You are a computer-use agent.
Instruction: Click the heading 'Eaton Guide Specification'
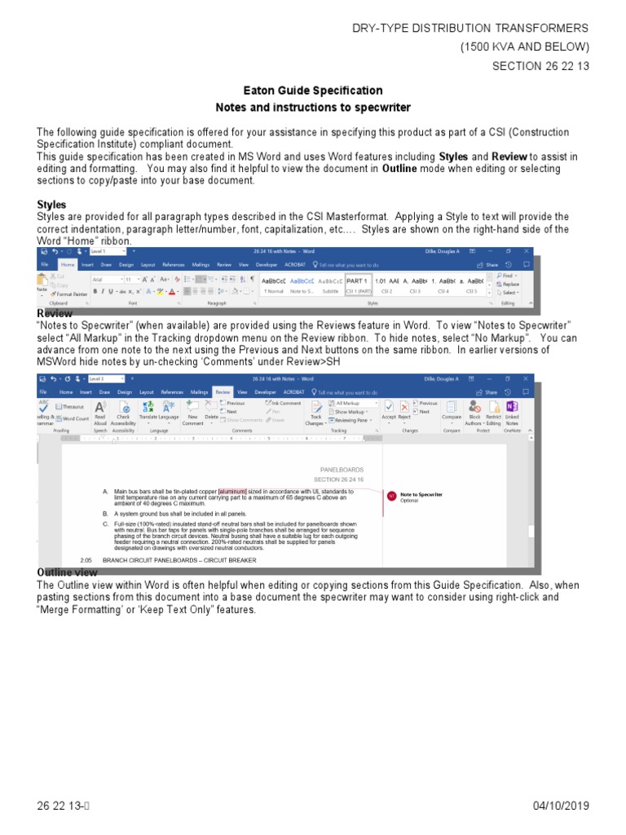[x=313, y=91]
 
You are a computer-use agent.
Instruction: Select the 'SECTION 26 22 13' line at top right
[x=540, y=66]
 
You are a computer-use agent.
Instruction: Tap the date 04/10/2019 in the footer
[x=560, y=806]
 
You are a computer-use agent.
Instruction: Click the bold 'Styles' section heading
[x=52, y=204]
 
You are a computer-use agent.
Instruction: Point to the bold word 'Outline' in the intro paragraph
[x=399, y=169]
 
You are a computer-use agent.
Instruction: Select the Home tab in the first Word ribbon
[x=67, y=265]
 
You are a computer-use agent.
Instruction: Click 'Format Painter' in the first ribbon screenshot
[x=70, y=294]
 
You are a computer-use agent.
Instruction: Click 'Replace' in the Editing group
[x=510, y=284]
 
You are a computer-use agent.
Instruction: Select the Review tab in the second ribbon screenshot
[x=223, y=391]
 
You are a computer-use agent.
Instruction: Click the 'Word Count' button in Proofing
[x=74, y=418]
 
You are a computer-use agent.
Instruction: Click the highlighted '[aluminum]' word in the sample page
[x=232, y=492]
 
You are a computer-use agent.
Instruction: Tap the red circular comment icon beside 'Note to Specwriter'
[x=391, y=496]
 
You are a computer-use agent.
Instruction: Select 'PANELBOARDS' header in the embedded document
[x=341, y=470]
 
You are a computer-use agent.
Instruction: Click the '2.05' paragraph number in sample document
[x=86, y=560]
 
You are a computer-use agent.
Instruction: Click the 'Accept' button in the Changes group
[x=389, y=410]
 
